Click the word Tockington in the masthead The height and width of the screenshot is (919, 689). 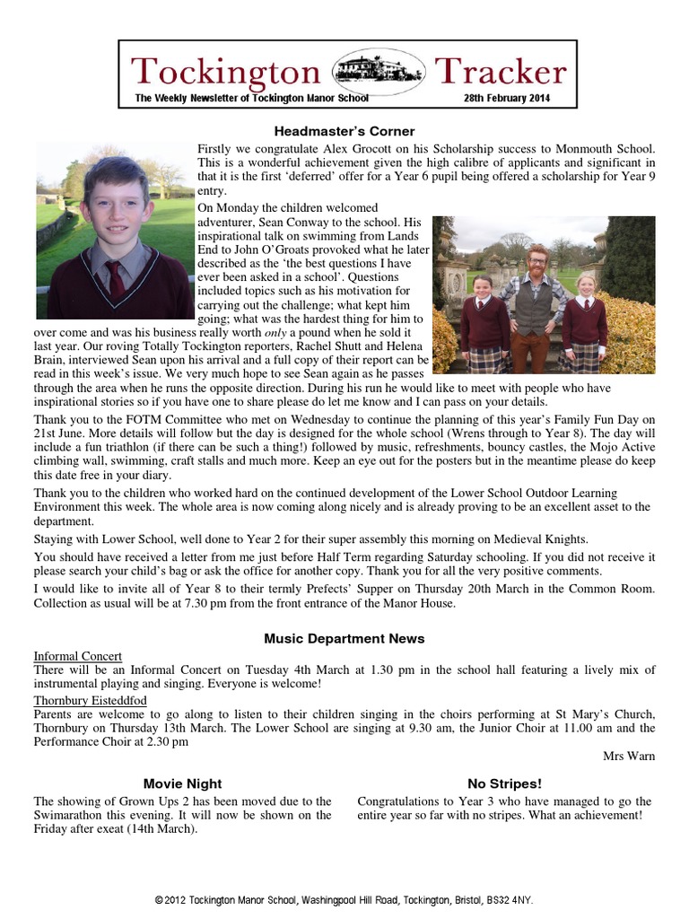(225, 72)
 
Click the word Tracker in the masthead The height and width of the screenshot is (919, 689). (500, 72)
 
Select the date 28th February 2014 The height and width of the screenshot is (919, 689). (507, 98)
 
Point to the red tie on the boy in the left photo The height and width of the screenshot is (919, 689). (115, 277)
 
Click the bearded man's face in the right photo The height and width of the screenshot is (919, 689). (537, 262)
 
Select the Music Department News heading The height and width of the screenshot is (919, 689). (344, 638)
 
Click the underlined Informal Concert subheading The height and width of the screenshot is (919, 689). (78, 656)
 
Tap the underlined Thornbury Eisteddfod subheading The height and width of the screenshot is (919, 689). (91, 700)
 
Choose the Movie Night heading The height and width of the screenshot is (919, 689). (182, 783)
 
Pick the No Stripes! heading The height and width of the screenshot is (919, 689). (505, 783)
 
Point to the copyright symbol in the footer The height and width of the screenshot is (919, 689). (159, 899)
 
